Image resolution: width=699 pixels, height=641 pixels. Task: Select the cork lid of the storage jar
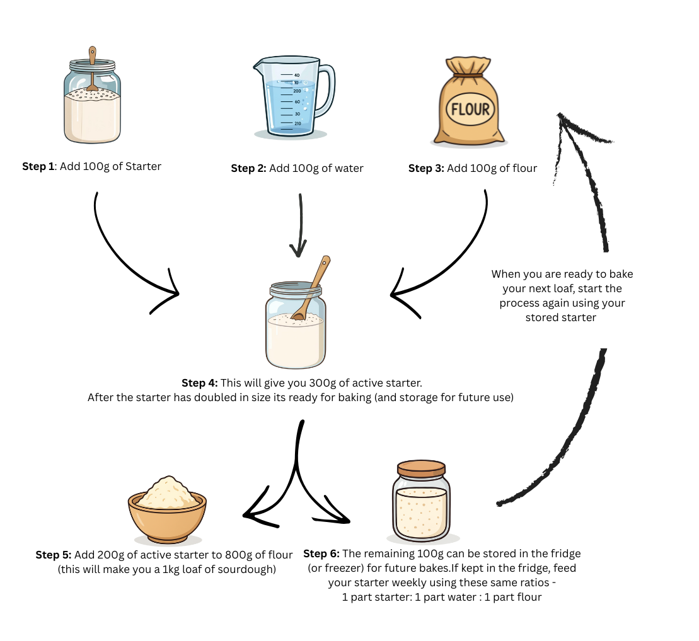pyautogui.click(x=421, y=468)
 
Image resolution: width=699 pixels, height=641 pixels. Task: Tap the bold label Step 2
pyautogui.click(x=249, y=168)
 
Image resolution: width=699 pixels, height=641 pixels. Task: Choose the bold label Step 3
pyautogui.click(x=426, y=168)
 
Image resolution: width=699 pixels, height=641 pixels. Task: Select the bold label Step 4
pyautogui.click(x=200, y=383)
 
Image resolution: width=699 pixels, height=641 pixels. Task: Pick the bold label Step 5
pyautogui.click(x=54, y=555)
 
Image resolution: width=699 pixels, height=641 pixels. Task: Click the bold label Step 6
pyautogui.click(x=321, y=553)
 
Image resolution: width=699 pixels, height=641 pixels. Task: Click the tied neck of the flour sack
pyautogui.click(x=469, y=76)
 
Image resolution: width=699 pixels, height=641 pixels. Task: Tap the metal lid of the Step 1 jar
pyautogui.click(x=93, y=65)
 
